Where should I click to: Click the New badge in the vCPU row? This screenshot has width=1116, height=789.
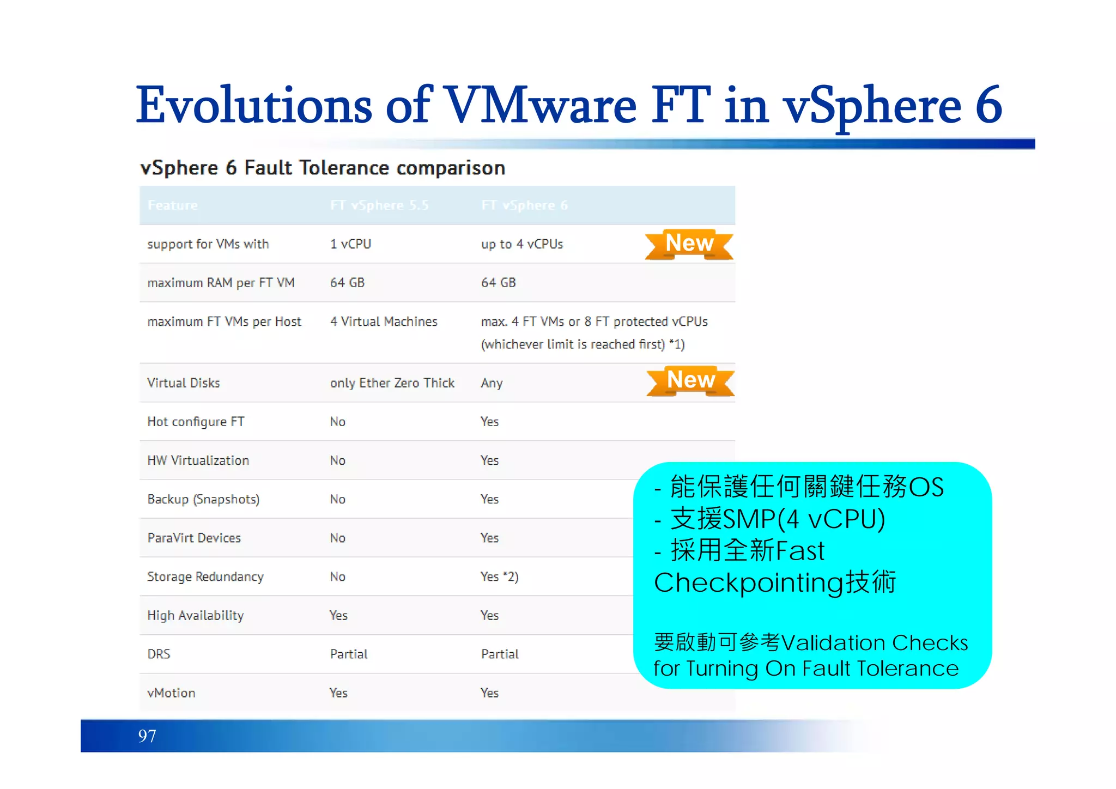689,244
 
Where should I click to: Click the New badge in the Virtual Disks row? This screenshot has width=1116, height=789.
690,380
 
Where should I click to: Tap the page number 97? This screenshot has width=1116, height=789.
147,736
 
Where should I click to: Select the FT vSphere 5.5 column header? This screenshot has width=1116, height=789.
379,205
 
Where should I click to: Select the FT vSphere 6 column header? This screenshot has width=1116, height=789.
524,205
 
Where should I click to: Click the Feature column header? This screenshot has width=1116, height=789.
173,205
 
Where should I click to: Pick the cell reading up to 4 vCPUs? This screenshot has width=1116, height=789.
521,244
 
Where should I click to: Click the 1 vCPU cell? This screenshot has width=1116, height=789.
350,244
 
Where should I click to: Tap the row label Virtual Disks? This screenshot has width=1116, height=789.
184,383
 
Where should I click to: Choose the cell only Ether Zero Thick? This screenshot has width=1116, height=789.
392,383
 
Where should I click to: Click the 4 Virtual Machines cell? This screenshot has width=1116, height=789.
384,321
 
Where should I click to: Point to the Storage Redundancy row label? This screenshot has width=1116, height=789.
205,576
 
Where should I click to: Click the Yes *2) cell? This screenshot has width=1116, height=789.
499,576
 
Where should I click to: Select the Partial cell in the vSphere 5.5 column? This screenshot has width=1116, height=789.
349,654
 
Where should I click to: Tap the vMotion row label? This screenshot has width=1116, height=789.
171,693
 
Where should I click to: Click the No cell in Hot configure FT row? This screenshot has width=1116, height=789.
337,422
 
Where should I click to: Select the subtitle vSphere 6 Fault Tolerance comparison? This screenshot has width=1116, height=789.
323,168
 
